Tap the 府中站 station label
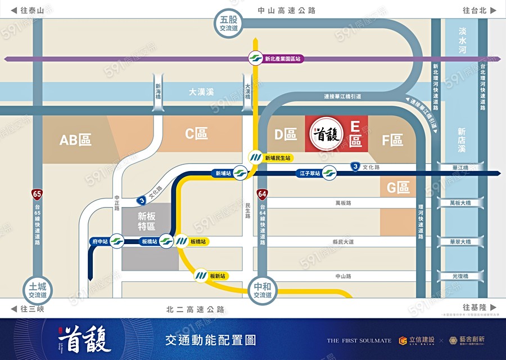click(98, 241)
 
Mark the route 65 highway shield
click(37, 194)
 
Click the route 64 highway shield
click(262, 194)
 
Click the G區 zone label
click(398, 188)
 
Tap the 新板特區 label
click(146, 220)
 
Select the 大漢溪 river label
click(201, 91)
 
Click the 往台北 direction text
click(475, 10)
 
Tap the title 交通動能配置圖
click(210, 340)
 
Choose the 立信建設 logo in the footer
click(417, 340)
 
